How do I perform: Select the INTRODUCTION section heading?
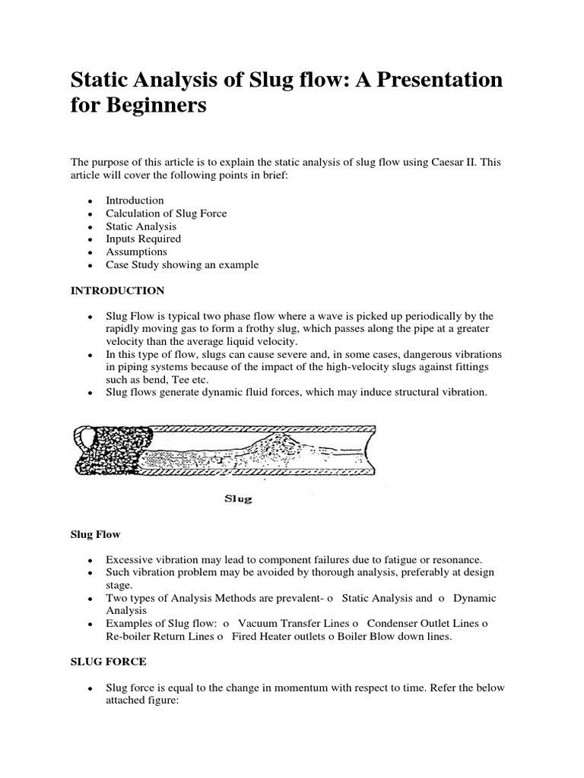tap(117, 290)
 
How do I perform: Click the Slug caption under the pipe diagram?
tap(239, 499)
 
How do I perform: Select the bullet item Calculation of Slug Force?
tap(166, 213)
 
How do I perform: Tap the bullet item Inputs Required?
tap(143, 239)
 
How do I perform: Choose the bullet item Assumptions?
tap(136, 251)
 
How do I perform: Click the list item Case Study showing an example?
tap(182, 264)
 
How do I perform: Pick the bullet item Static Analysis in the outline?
tap(141, 226)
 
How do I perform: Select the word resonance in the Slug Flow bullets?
tap(468, 559)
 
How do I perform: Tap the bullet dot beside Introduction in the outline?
tap(90, 201)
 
